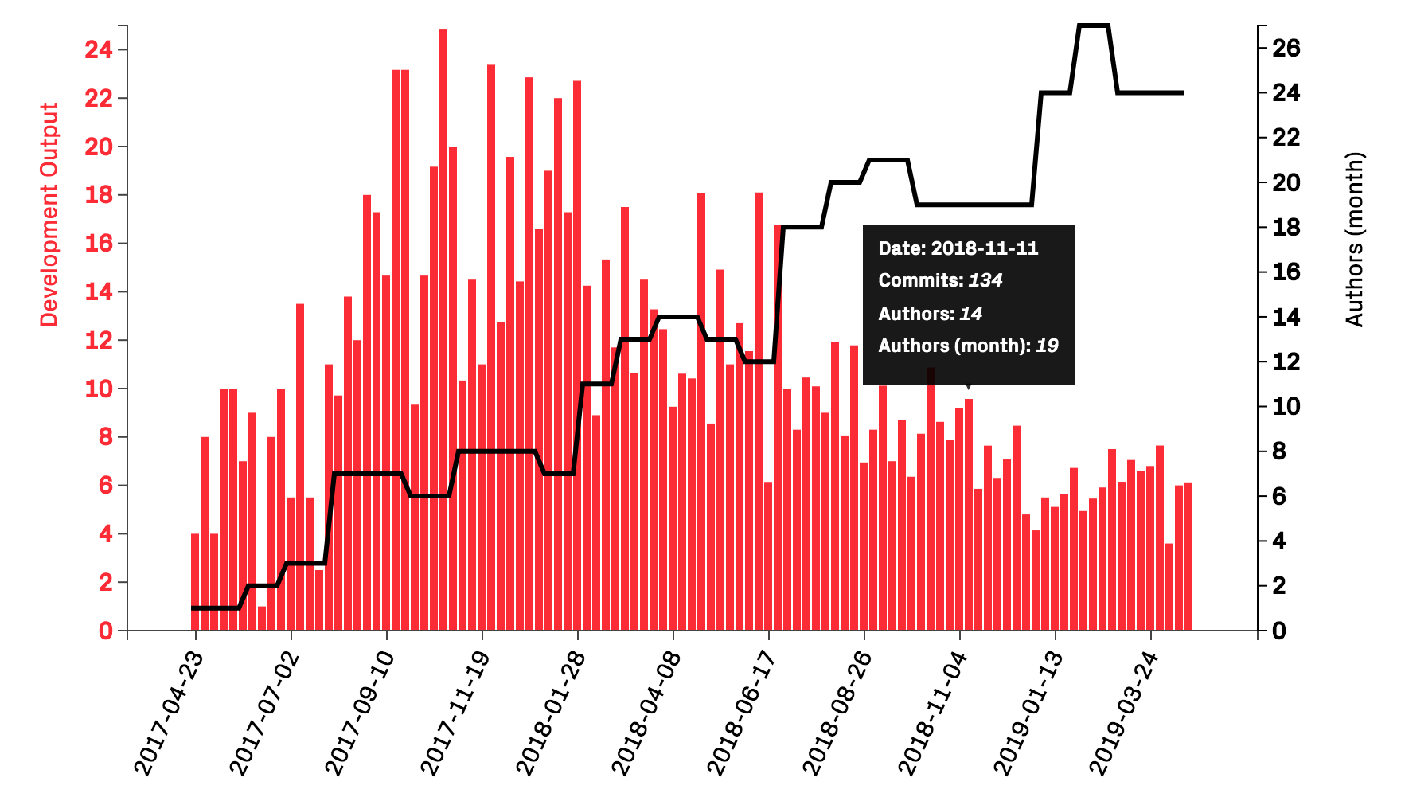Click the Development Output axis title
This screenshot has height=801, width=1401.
(x=49, y=215)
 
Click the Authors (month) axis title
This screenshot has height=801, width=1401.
(x=1354, y=239)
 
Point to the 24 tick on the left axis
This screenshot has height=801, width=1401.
(x=99, y=50)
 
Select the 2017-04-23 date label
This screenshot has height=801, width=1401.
(x=169, y=713)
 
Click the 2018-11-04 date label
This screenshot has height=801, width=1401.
(x=933, y=713)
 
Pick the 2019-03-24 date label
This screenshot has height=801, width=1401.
(x=1124, y=713)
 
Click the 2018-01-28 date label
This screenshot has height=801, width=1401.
(x=551, y=713)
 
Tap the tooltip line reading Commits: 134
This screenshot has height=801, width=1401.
(x=940, y=280)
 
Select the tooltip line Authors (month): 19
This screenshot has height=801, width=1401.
(x=968, y=346)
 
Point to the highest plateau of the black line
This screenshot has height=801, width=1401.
(x=1094, y=25)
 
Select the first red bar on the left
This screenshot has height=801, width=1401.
(x=195, y=581)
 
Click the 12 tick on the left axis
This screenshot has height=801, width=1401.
(x=99, y=341)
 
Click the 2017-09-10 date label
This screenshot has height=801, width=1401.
(x=360, y=713)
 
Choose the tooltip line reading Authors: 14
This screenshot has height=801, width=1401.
(x=930, y=314)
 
